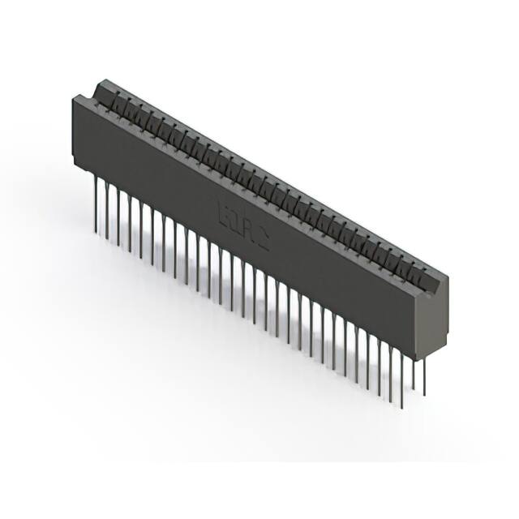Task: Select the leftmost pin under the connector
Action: pyautogui.click(x=97, y=203)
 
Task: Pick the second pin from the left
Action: pyautogui.click(x=107, y=208)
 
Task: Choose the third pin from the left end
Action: pyautogui.click(x=118, y=213)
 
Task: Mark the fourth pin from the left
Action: pyautogui.click(x=130, y=219)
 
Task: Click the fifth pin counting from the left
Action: pyautogui.click(x=141, y=225)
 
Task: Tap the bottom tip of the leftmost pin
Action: pyautogui.click(x=97, y=229)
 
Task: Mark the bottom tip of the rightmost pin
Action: pyautogui.click(x=424, y=395)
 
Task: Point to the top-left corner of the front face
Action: pyautogui.click(x=74, y=97)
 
